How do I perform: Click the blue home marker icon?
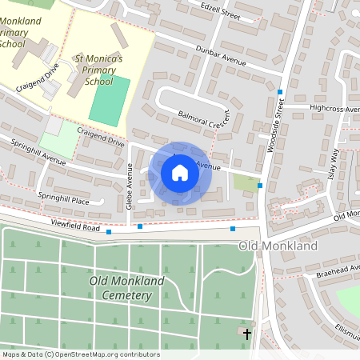[180, 173]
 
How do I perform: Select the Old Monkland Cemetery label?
[121, 288]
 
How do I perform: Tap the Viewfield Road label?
[75, 228]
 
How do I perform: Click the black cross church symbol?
[247, 333]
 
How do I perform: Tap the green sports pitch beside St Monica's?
[109, 100]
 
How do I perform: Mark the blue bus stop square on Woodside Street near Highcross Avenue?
[280, 92]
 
